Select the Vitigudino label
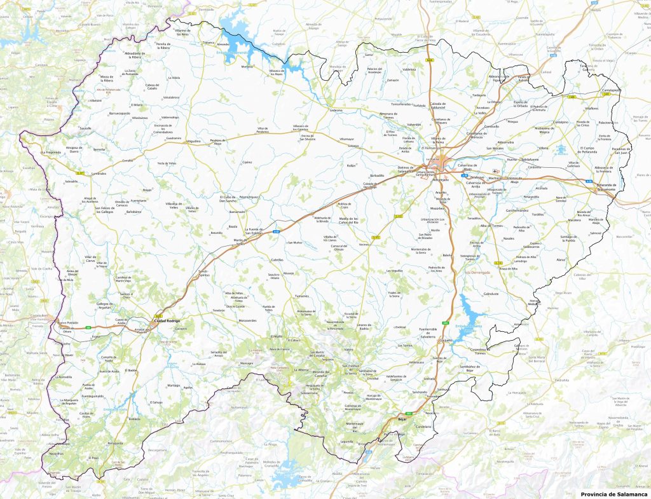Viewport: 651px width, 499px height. click(x=193, y=141)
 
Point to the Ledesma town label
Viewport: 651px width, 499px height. click(x=336, y=110)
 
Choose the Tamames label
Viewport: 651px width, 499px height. click(x=301, y=297)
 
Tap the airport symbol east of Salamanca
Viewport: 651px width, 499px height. click(x=497, y=172)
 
